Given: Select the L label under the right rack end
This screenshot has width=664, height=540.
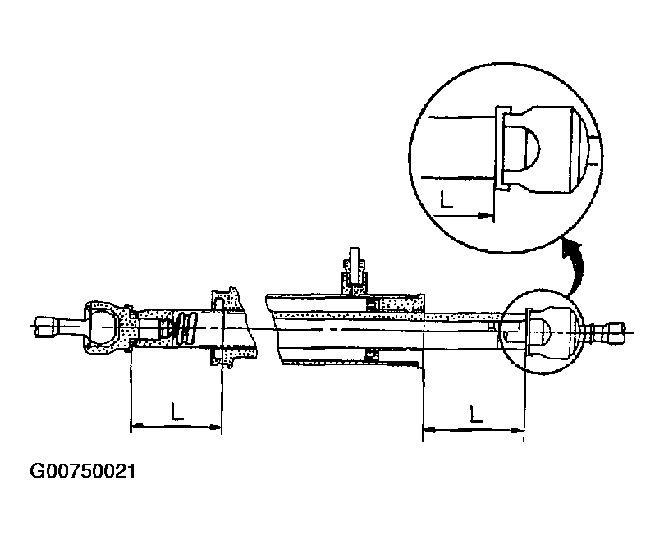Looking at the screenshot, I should [x=474, y=413].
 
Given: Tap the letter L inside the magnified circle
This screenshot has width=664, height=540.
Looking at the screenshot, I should [x=446, y=199].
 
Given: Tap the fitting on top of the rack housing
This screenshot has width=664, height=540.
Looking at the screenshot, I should [x=355, y=268].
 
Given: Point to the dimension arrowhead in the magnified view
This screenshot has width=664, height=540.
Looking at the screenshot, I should [x=486, y=217].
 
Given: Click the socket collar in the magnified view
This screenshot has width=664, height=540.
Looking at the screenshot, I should [x=501, y=148].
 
